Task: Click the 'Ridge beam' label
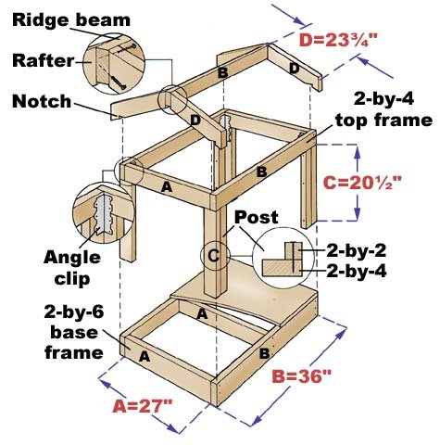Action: tap(71, 20)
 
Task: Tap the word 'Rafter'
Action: tap(44, 60)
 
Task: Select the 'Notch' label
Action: tap(42, 101)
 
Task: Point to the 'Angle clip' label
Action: tap(72, 268)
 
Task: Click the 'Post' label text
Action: tap(257, 217)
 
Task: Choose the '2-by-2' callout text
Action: tap(357, 250)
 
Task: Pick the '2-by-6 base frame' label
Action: tap(74, 332)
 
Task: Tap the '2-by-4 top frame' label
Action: tap(383, 109)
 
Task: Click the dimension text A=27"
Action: tap(142, 406)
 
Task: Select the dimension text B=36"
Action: tap(301, 376)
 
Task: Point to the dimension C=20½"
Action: tap(362, 183)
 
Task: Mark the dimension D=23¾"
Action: tap(338, 40)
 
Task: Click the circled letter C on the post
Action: tap(214, 256)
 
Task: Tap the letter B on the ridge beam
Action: tap(222, 73)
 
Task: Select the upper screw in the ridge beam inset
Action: tap(127, 48)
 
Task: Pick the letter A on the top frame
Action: tap(167, 186)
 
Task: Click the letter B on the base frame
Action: tap(265, 353)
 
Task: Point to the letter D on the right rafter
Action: tap(295, 69)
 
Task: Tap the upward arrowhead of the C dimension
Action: tap(358, 151)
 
